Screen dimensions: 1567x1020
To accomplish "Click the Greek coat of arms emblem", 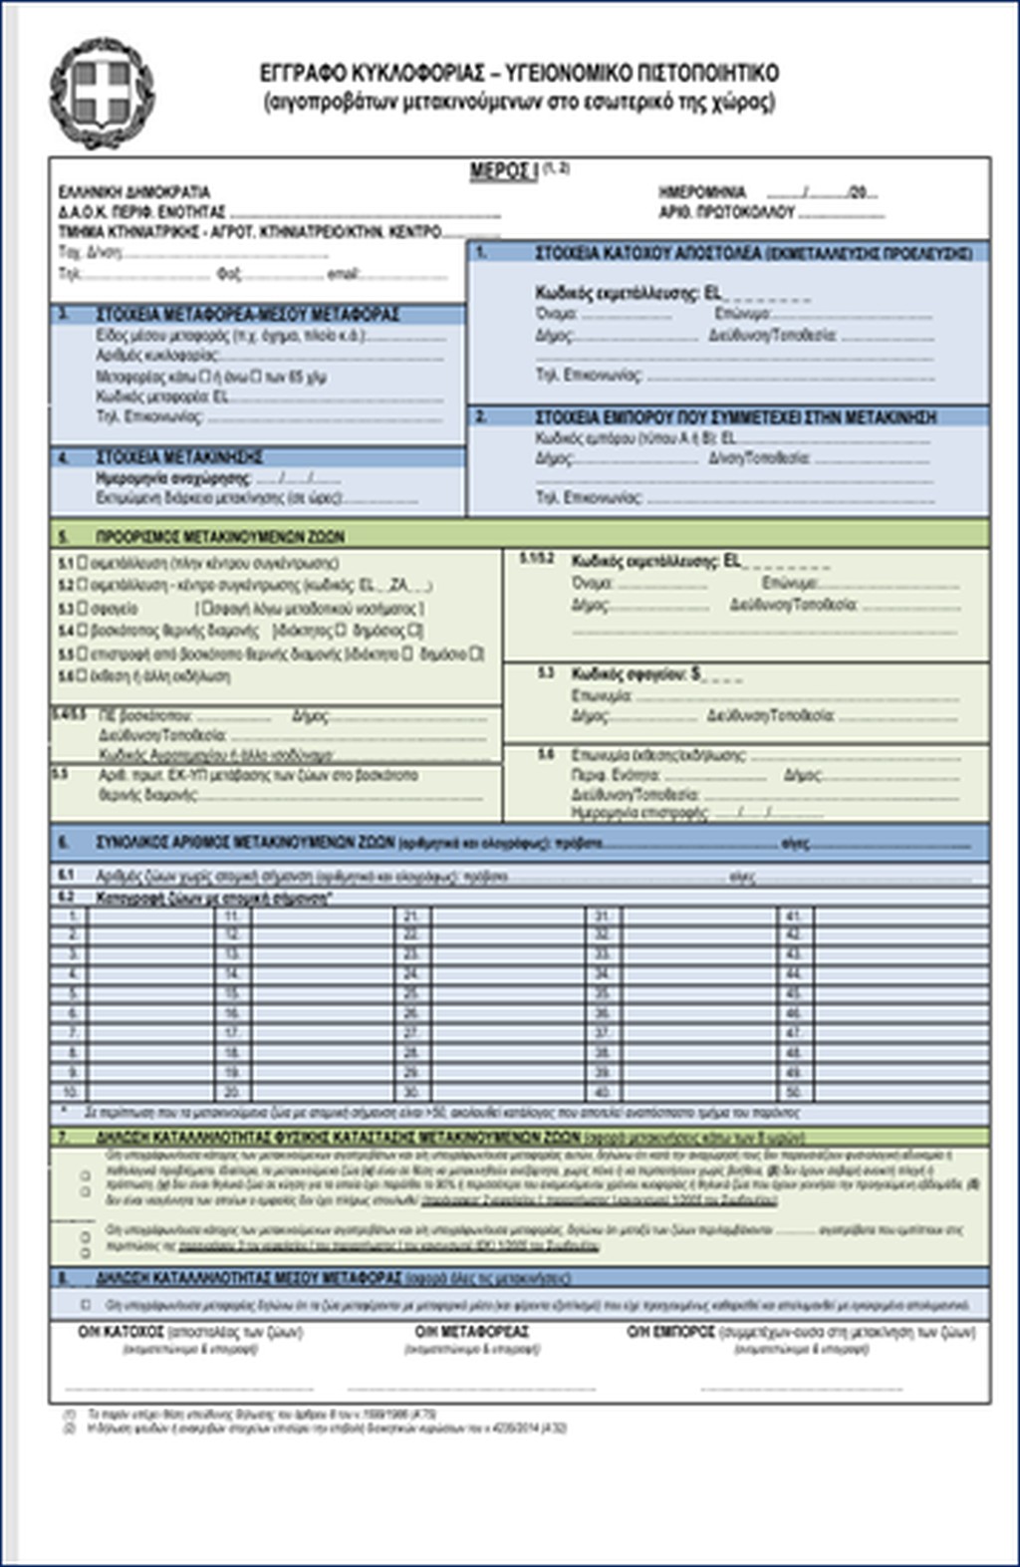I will pos(102,94).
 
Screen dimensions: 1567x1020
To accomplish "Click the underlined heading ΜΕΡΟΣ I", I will pos(504,171).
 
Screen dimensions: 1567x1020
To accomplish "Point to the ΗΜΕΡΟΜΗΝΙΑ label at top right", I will pos(702,192).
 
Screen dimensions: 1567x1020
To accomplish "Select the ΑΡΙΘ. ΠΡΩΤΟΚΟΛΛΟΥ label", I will pos(726,213).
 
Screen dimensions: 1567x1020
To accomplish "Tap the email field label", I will pos(343,274).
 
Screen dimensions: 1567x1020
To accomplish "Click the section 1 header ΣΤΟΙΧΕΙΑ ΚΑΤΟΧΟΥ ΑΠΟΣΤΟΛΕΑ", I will pos(753,253).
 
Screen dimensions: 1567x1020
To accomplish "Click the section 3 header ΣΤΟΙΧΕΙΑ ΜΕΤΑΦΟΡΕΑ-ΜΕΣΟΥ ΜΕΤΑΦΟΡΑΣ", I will pos(247,315).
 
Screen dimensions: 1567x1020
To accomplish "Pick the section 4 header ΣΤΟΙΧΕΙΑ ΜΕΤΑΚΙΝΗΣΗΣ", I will pos(179,457).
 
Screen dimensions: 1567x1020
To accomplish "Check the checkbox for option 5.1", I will pos(83,563).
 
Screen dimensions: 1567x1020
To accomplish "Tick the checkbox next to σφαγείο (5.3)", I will pos(83,608).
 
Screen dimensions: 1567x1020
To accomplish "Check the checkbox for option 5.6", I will pos(83,675).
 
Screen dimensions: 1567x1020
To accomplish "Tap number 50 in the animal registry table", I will pos(793,1092).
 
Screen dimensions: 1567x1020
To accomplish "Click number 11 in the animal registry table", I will pos(232,915).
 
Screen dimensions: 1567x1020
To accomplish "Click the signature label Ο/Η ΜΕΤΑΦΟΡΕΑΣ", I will pos(472,1332).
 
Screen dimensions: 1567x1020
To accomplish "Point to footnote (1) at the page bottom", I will pos(69,1414).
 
